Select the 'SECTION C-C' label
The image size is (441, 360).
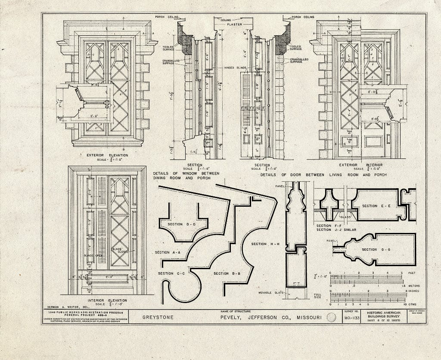[x=171, y=273]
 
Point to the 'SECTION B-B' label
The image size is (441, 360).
[x=227, y=273]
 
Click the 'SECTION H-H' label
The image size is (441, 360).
[x=265, y=244]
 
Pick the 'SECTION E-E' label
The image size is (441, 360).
[x=376, y=206]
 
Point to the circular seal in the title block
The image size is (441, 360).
[x=332, y=318]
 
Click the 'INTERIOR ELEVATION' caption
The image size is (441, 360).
[x=107, y=301]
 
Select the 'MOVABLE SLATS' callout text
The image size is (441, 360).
[x=271, y=293]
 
